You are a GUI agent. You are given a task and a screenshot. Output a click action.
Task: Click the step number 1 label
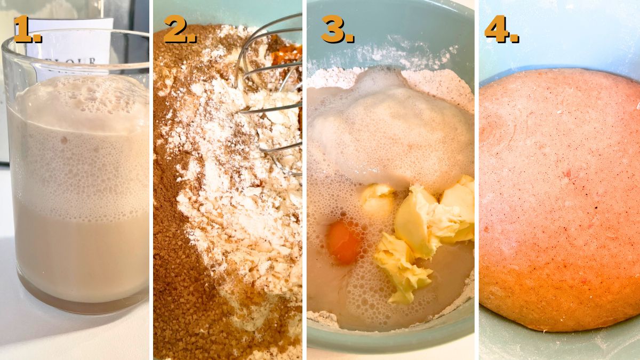click(x=28, y=29)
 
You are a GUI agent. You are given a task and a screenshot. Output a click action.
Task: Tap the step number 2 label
click(x=180, y=29)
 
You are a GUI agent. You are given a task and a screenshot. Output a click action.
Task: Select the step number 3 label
click(x=338, y=29)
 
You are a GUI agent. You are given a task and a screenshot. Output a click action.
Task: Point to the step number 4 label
click(x=502, y=29)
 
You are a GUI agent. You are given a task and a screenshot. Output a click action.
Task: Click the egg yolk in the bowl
click(x=343, y=243)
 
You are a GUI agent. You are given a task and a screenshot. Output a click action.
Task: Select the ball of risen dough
click(x=559, y=200)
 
